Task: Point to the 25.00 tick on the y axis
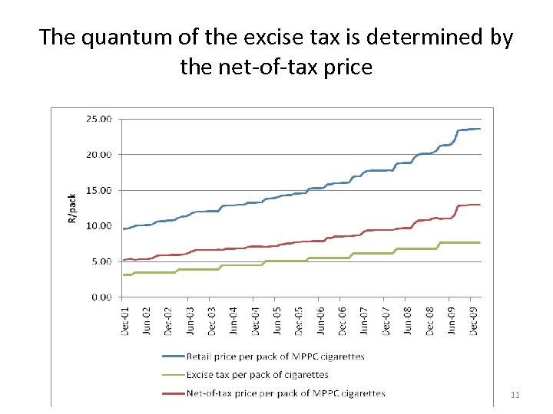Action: pyautogui.click(x=99, y=119)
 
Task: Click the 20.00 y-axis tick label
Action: pyautogui.click(x=99, y=154)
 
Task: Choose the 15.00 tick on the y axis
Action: pyautogui.click(x=99, y=190)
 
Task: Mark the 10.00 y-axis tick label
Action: pyautogui.click(x=99, y=225)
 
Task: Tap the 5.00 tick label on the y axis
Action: pyautogui.click(x=101, y=261)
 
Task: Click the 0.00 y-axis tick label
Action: pyautogui.click(x=101, y=297)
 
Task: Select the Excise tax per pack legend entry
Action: pyautogui.click(x=257, y=375)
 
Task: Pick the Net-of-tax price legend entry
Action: pyautogui.click(x=285, y=393)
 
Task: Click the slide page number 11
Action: pyautogui.click(x=515, y=395)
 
